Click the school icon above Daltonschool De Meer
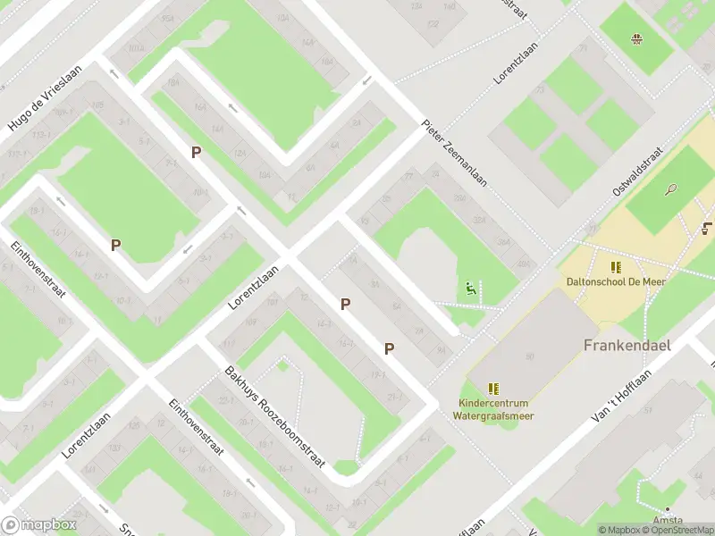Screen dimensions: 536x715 615,267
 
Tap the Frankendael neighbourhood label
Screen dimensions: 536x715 627,345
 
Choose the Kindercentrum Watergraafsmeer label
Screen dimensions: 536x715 493,408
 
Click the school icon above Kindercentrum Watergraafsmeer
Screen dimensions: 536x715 493,388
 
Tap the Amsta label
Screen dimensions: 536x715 668,520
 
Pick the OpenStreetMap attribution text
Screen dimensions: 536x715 676,530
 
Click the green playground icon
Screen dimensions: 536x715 469,289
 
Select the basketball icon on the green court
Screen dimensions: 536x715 636,38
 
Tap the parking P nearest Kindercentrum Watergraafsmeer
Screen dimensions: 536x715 389,348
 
